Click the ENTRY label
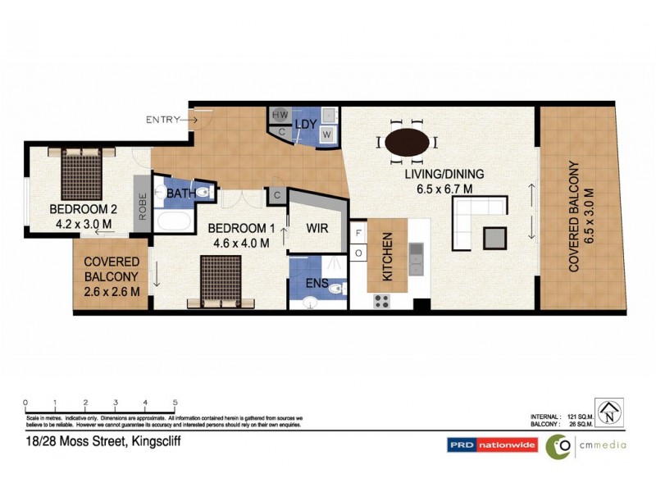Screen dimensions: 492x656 (162, 120)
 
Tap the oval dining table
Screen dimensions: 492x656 (407, 142)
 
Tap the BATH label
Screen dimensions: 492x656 (180, 194)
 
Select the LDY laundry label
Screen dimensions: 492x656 (306, 123)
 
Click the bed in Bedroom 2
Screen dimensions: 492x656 (80, 171)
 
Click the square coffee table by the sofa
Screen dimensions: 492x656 (495, 237)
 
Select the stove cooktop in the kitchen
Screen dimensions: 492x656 (382, 300)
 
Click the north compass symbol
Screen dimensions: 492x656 (608, 412)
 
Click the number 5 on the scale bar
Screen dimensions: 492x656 (175, 403)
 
